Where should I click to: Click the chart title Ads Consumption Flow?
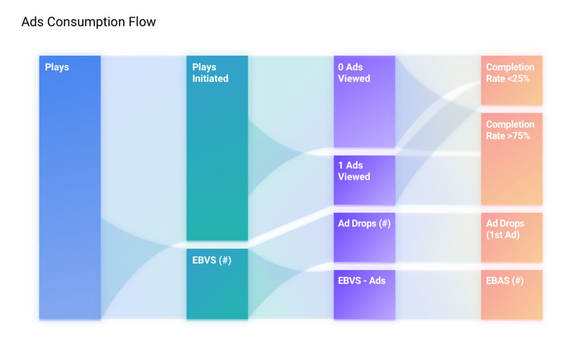(x=89, y=22)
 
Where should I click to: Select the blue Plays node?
(x=70, y=188)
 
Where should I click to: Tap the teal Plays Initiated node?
(x=217, y=148)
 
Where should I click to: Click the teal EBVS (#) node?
(x=217, y=284)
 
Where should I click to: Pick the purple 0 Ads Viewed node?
(x=364, y=101)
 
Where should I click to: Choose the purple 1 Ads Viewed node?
(x=364, y=180)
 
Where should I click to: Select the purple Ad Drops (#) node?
(x=364, y=238)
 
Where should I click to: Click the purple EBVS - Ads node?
(x=364, y=294)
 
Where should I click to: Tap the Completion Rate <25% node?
(x=512, y=81)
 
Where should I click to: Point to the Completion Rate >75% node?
(x=512, y=159)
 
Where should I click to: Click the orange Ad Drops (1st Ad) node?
(x=512, y=238)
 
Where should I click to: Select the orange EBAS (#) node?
(x=512, y=294)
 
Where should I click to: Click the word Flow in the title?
(x=142, y=22)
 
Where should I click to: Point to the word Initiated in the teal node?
(x=210, y=78)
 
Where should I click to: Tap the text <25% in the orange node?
(x=519, y=78)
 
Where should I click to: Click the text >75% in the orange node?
(x=519, y=136)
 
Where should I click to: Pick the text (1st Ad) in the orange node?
(x=503, y=235)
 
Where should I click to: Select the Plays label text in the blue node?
(x=57, y=67)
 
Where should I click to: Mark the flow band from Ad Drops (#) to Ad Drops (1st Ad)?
(x=438, y=238)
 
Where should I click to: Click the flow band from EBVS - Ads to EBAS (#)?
(x=438, y=294)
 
